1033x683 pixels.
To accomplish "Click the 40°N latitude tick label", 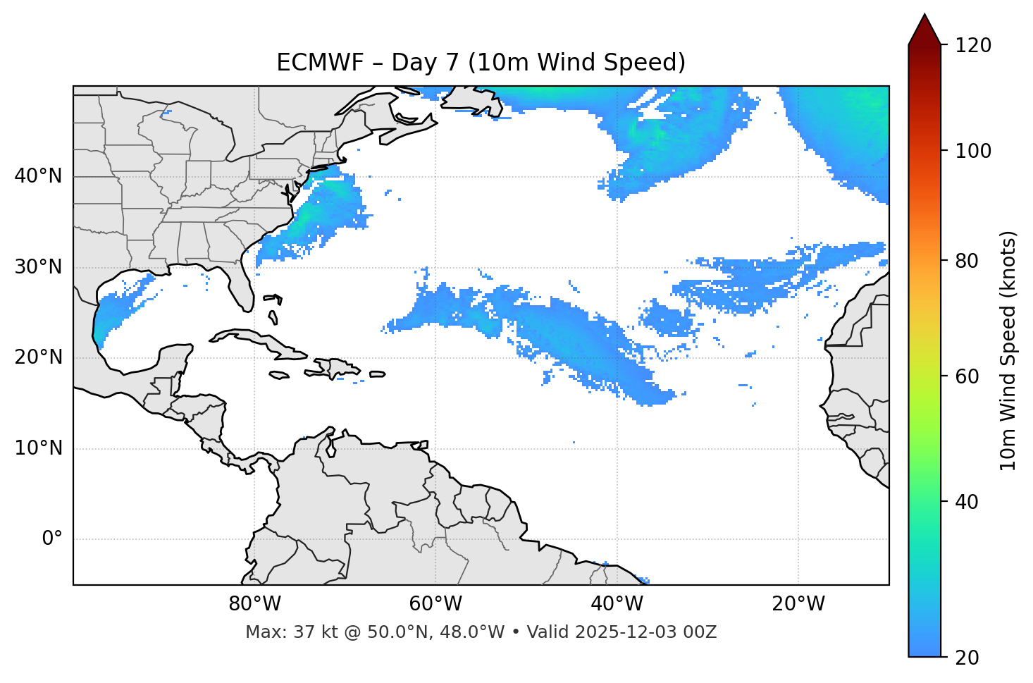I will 38,176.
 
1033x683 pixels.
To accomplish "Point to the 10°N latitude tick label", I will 38,448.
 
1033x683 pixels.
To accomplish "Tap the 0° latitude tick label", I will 52,539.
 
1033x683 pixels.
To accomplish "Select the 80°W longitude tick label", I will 254,604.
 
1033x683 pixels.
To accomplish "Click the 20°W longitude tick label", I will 798,604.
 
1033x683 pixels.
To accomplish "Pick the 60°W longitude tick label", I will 435,604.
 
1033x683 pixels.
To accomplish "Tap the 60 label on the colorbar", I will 966,376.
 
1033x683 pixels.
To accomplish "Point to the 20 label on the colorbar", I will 966,658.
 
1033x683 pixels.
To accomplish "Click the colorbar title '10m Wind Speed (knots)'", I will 1008,350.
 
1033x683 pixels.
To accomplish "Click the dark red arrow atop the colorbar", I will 924,30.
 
